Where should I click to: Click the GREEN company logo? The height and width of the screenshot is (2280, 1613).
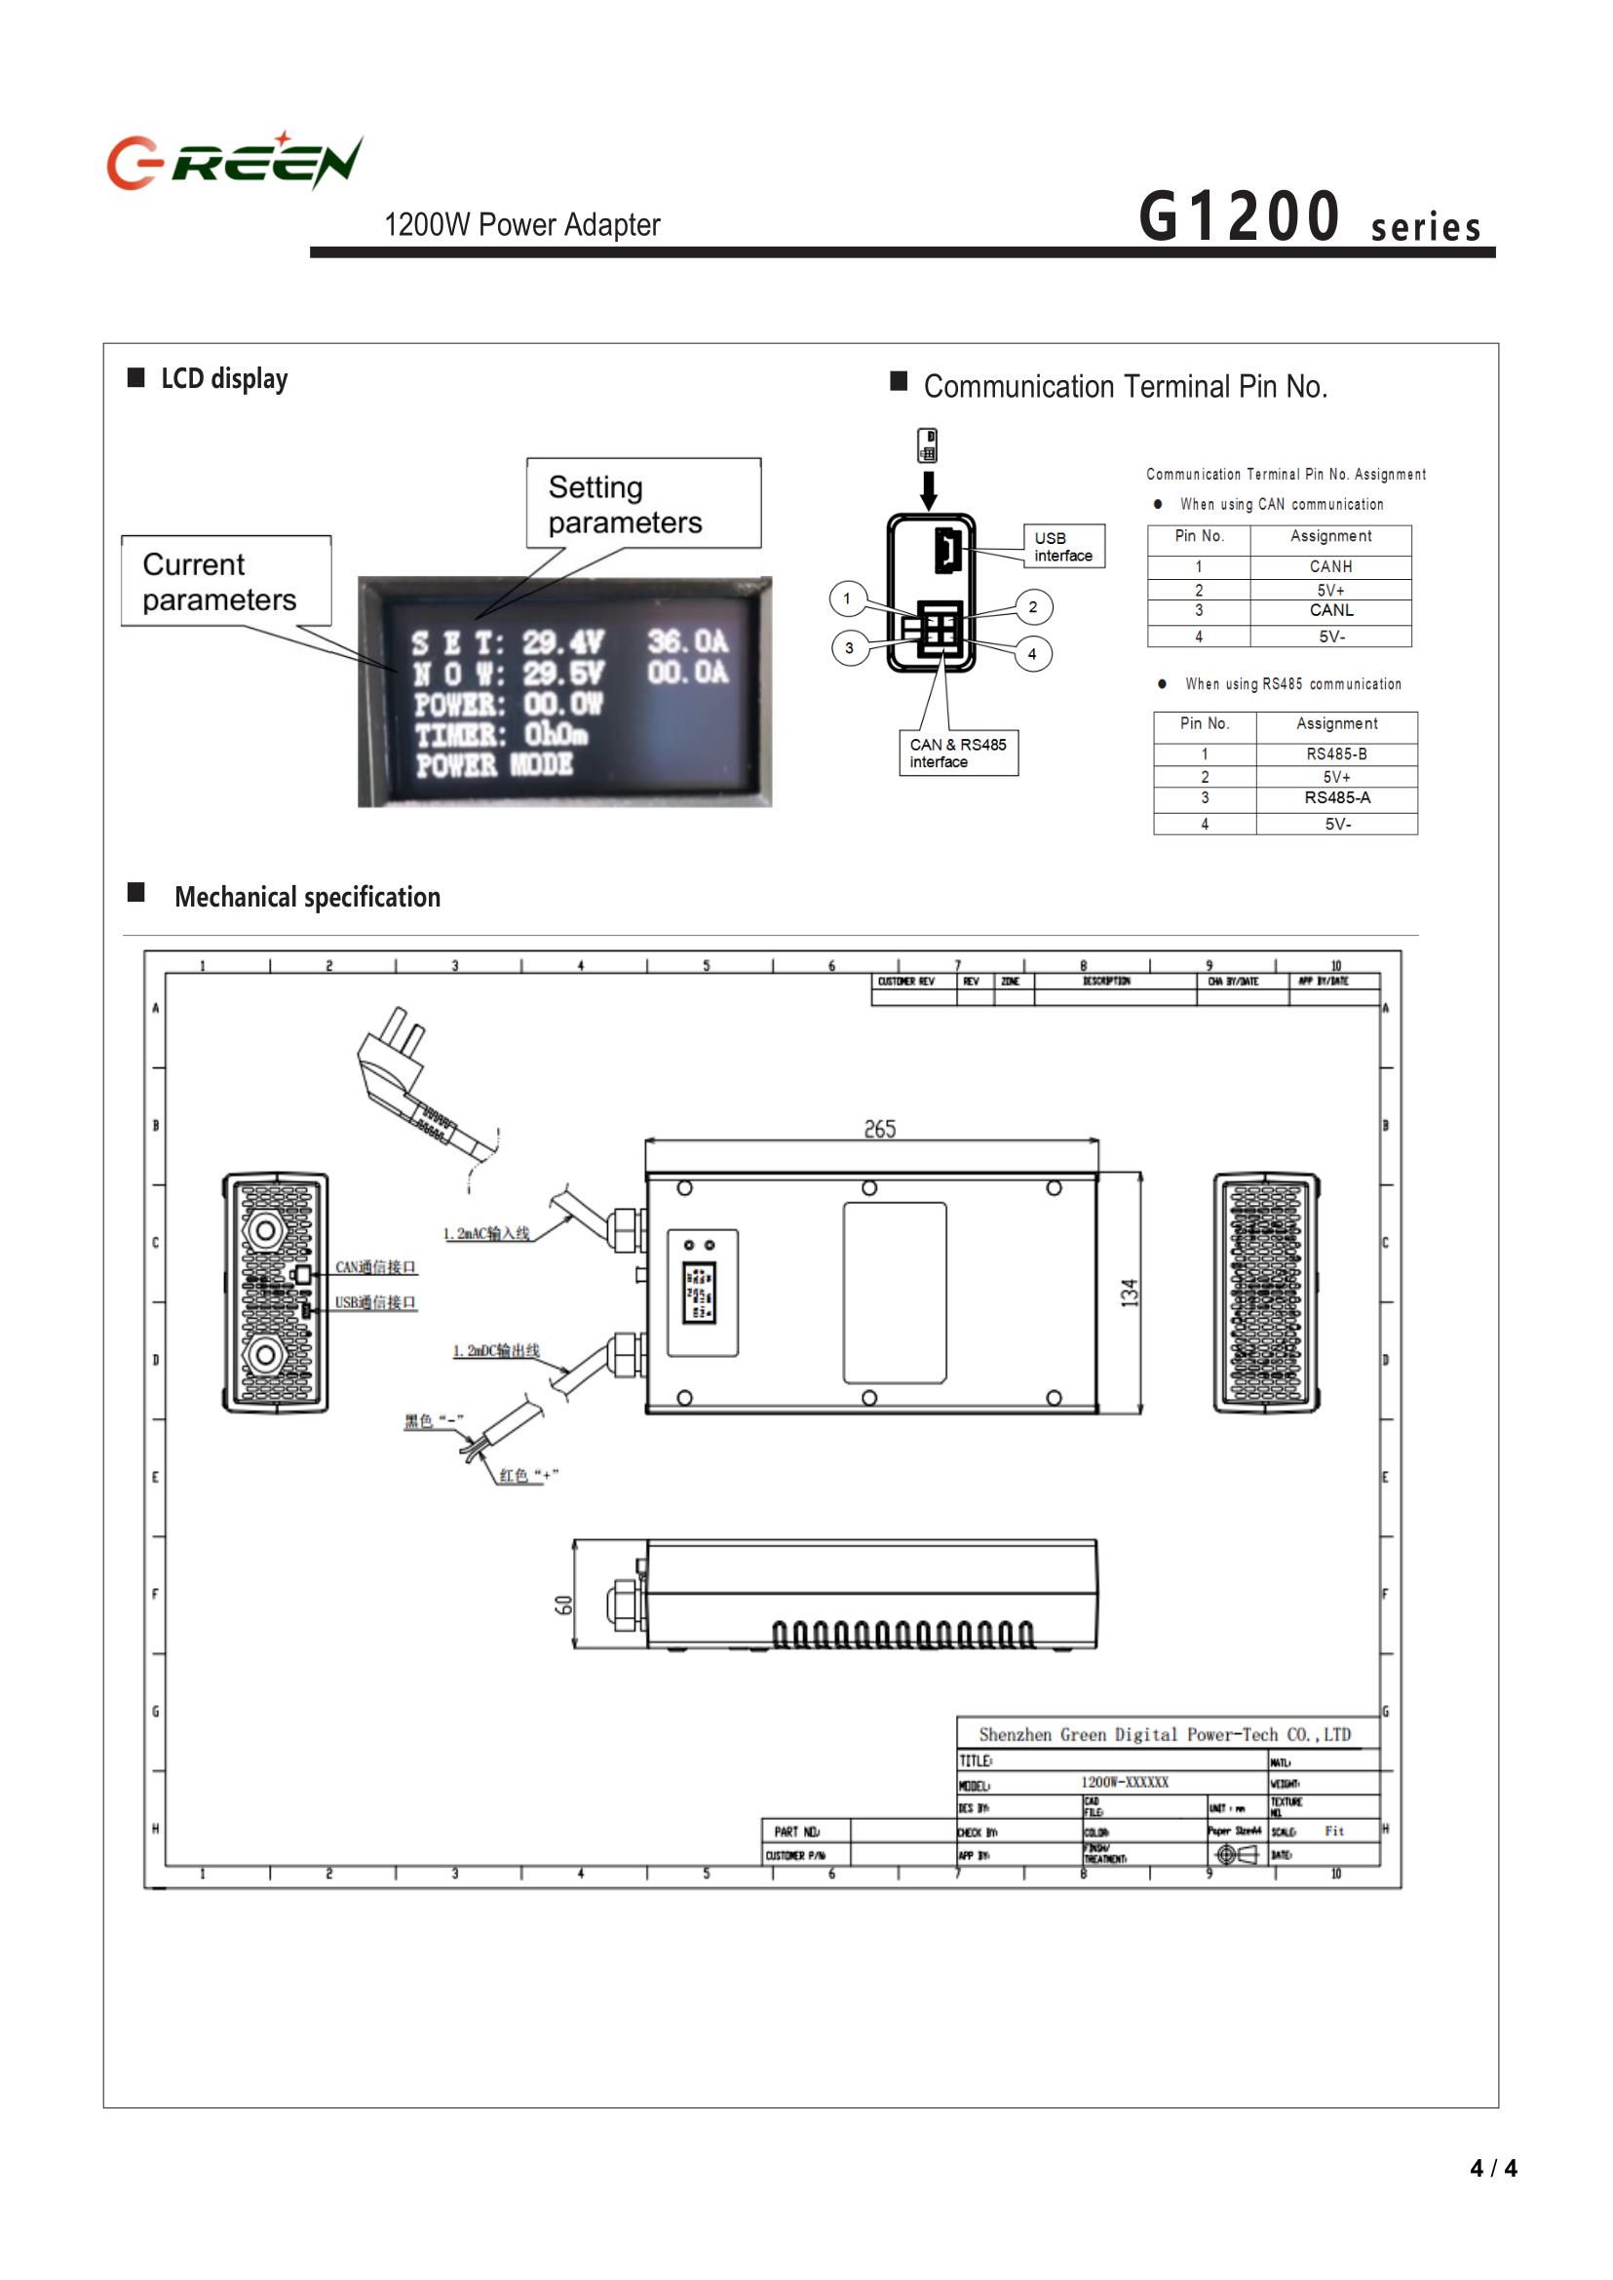tap(235, 161)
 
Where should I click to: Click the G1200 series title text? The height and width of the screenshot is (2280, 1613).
tap(1309, 216)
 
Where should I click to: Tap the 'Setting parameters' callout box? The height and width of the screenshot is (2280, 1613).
tap(642, 504)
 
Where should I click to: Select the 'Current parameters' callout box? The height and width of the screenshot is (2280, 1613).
tap(225, 581)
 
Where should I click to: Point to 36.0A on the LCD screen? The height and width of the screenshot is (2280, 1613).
tap(687, 641)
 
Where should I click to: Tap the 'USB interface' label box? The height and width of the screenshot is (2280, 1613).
tap(1062, 547)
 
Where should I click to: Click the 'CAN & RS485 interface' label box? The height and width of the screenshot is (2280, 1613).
tap(957, 754)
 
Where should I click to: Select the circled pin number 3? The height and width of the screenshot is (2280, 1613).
tap(848, 648)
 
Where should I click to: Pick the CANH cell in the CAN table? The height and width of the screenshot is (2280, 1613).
tap(1330, 566)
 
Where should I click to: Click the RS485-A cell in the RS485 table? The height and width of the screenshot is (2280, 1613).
tap(1337, 797)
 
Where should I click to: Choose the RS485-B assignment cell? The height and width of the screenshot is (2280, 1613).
tap(1337, 754)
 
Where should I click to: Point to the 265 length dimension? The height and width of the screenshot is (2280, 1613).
tap(879, 1130)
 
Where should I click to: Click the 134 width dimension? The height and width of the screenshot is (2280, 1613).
tap(1130, 1293)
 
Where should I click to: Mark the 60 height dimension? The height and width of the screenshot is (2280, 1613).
tap(563, 1604)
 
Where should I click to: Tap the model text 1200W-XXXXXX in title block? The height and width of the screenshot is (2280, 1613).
tap(1125, 1782)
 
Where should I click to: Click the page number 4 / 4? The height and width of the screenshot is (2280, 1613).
tap(1493, 2168)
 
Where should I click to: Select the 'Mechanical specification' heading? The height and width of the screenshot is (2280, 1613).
tap(307, 897)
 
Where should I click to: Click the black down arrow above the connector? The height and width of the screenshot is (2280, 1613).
tap(929, 489)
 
